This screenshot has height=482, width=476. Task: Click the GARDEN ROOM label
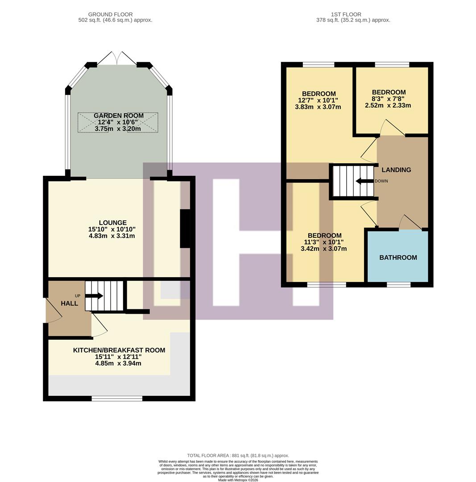click(x=118, y=116)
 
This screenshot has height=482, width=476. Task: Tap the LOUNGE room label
click(x=112, y=223)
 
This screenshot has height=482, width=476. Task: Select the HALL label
click(x=69, y=303)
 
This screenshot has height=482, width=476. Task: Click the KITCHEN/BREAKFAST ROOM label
click(x=119, y=350)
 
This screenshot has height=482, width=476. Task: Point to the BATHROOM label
click(x=398, y=258)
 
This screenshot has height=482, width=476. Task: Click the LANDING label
click(x=396, y=170)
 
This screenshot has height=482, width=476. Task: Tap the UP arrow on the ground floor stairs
click(x=94, y=296)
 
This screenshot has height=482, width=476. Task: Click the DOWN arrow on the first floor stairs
click(x=364, y=181)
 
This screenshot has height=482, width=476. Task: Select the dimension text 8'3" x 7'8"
click(x=388, y=99)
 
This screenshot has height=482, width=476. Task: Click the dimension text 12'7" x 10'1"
click(x=318, y=100)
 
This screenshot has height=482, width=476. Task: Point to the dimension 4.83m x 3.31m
click(x=112, y=236)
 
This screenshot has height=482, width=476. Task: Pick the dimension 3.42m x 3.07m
click(x=324, y=249)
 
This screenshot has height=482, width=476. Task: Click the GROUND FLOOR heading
click(x=110, y=14)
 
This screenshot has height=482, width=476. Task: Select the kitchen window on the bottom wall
click(x=117, y=398)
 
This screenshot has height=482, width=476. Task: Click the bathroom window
click(x=398, y=284)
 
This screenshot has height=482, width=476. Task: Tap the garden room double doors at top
click(x=117, y=58)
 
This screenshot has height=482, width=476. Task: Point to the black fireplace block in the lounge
click(x=185, y=229)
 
